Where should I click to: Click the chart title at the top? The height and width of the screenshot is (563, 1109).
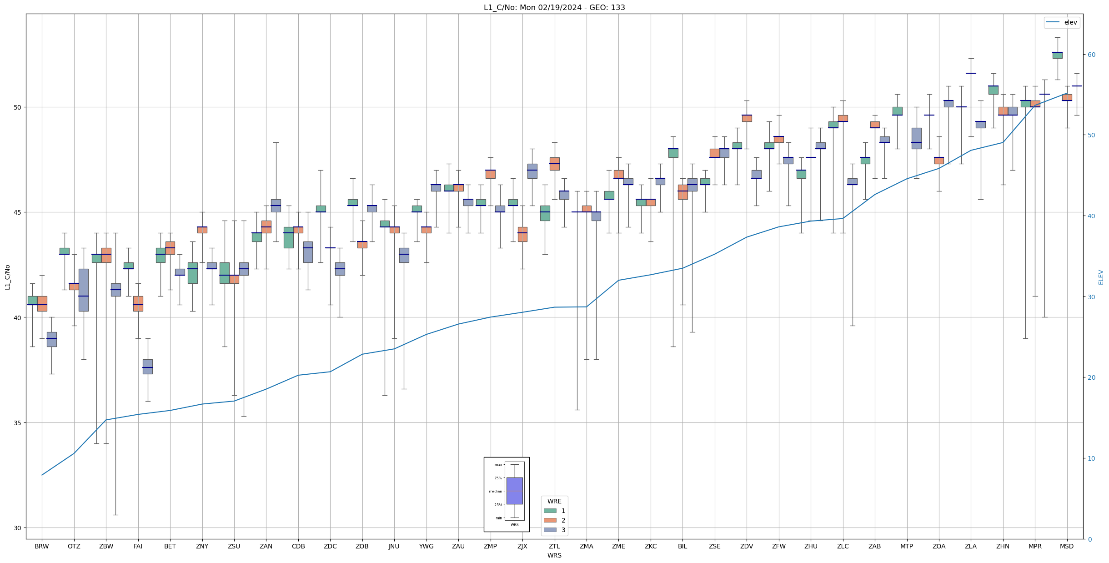(x=554, y=7)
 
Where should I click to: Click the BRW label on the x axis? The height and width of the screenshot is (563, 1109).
(x=41, y=546)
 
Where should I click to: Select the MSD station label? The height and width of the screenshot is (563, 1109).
(x=1066, y=546)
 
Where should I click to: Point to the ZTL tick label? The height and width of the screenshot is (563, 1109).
(x=554, y=546)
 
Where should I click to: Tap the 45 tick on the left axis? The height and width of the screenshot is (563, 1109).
(x=18, y=212)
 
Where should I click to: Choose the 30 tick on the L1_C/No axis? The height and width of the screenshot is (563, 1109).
(x=18, y=528)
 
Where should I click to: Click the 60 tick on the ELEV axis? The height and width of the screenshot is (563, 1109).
(x=1091, y=55)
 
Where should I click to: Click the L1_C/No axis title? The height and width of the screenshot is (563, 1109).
(x=7, y=277)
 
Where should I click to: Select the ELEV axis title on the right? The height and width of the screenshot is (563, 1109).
(x=1101, y=277)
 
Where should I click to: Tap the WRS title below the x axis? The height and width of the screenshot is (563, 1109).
(x=554, y=555)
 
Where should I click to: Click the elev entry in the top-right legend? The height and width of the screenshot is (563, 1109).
(x=1070, y=22)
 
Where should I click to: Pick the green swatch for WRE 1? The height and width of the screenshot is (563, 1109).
(x=550, y=511)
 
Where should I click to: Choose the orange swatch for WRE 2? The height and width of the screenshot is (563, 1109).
(x=550, y=520)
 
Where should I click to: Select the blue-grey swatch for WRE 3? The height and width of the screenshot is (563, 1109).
(x=550, y=530)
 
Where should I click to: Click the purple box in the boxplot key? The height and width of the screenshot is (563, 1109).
(x=514, y=491)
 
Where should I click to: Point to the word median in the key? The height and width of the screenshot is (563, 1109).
(x=496, y=492)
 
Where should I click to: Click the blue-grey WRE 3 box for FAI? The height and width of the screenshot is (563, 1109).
(x=147, y=367)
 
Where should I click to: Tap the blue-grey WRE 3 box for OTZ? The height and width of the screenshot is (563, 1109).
(x=83, y=290)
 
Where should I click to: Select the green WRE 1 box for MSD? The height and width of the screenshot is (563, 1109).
(x=1057, y=55)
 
